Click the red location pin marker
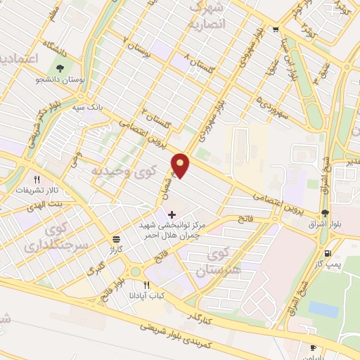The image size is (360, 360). (x=181, y=165)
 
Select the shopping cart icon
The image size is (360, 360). (x=275, y=29)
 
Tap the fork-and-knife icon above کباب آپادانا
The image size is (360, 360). (x=146, y=285)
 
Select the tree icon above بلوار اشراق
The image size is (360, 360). (x=323, y=213)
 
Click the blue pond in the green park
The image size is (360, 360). (x=323, y=308)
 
